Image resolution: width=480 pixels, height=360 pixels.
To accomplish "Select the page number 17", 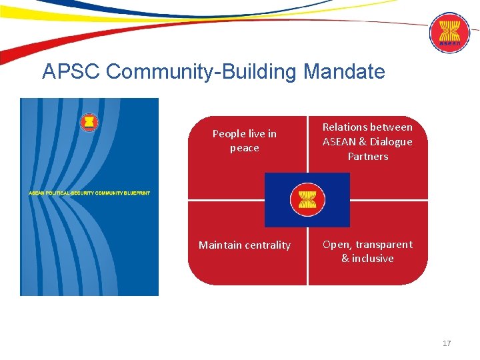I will coord(447,343).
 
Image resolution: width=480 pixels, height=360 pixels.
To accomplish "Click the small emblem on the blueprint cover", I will coord(88,123).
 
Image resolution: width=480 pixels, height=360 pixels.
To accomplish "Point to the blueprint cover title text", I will coord(89,193).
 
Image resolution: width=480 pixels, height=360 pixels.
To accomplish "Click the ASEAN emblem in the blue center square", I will coord(307,199).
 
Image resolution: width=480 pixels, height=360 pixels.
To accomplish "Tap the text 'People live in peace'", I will coord(244,141).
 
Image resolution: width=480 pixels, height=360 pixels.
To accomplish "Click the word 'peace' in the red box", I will coord(244,148).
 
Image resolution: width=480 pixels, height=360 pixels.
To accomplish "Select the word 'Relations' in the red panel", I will coord(345,127).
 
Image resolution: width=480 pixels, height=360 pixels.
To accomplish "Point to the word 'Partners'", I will coord(368,156).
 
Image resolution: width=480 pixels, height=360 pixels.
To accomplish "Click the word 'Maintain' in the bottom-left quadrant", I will coord(219,245).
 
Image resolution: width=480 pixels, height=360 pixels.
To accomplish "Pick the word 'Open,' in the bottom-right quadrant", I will coord(335,244).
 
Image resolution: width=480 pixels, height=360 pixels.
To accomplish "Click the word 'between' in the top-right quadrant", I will coord(391,127).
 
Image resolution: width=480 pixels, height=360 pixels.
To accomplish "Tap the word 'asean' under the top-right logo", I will coord(449,44).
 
